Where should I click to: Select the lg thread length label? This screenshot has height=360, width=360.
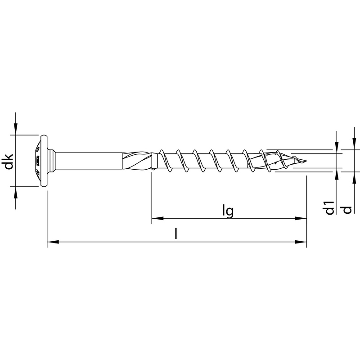coord(228,211)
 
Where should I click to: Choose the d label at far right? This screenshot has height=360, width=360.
coord(346,209)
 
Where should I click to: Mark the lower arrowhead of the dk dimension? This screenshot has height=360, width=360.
coord(16,192)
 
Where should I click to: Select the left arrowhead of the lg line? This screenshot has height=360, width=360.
coord(156,219)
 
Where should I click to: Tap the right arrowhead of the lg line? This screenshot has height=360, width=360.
coord(302,219)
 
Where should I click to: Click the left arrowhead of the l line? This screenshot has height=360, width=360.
coord(52,242)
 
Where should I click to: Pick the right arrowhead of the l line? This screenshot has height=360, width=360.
coord(302,242)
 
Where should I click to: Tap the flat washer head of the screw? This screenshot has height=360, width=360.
coord(44,161)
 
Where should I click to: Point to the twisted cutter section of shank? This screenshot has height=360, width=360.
coord(137,161)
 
